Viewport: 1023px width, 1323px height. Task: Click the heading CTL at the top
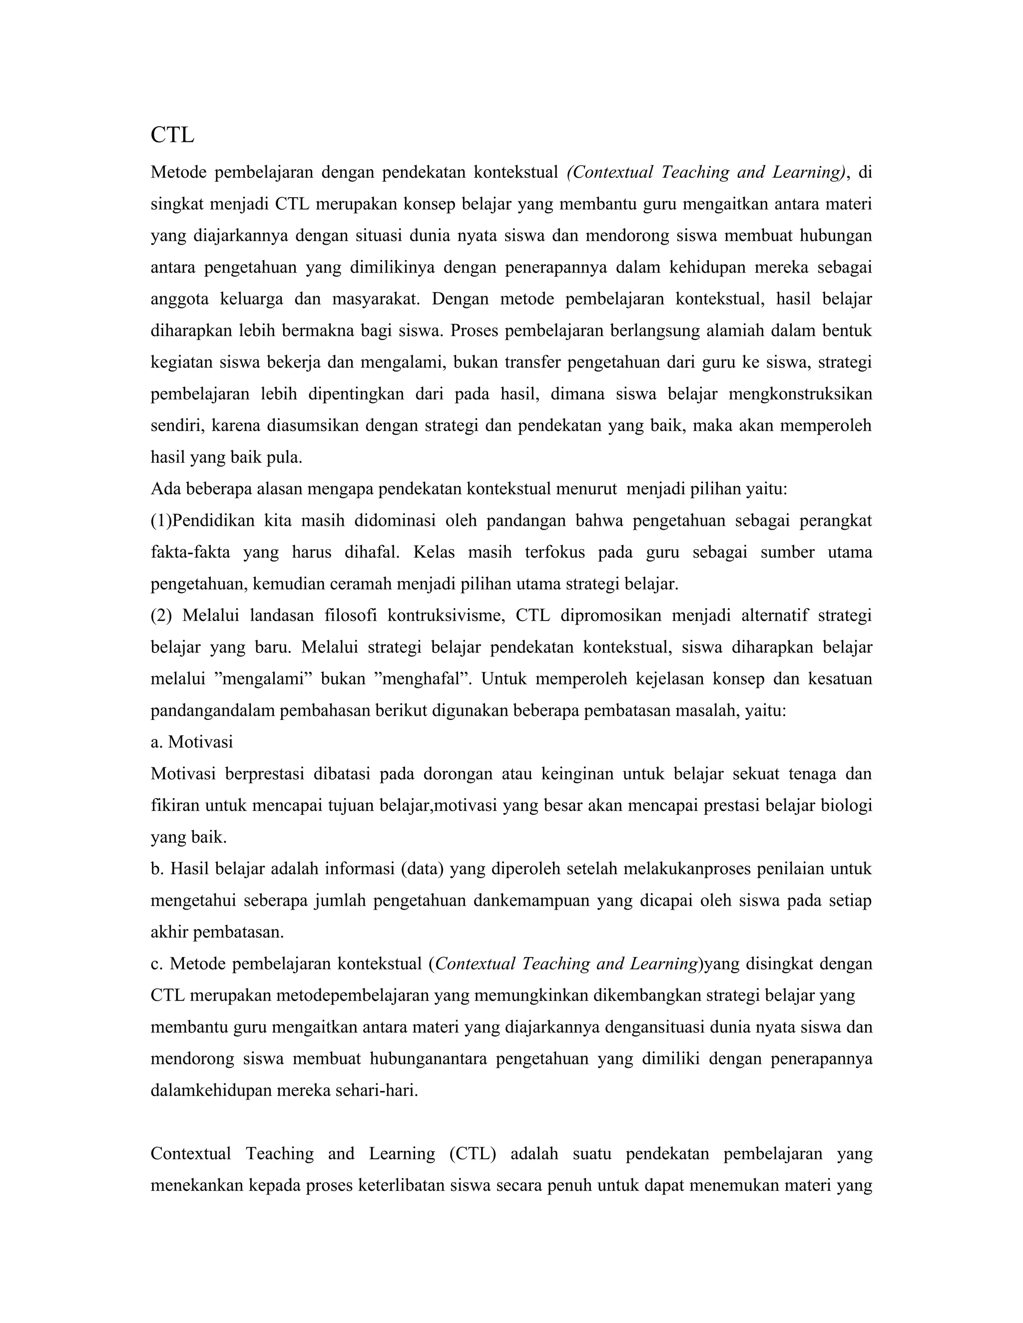coord(172,135)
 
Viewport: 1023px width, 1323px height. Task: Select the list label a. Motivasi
coord(191,741)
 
